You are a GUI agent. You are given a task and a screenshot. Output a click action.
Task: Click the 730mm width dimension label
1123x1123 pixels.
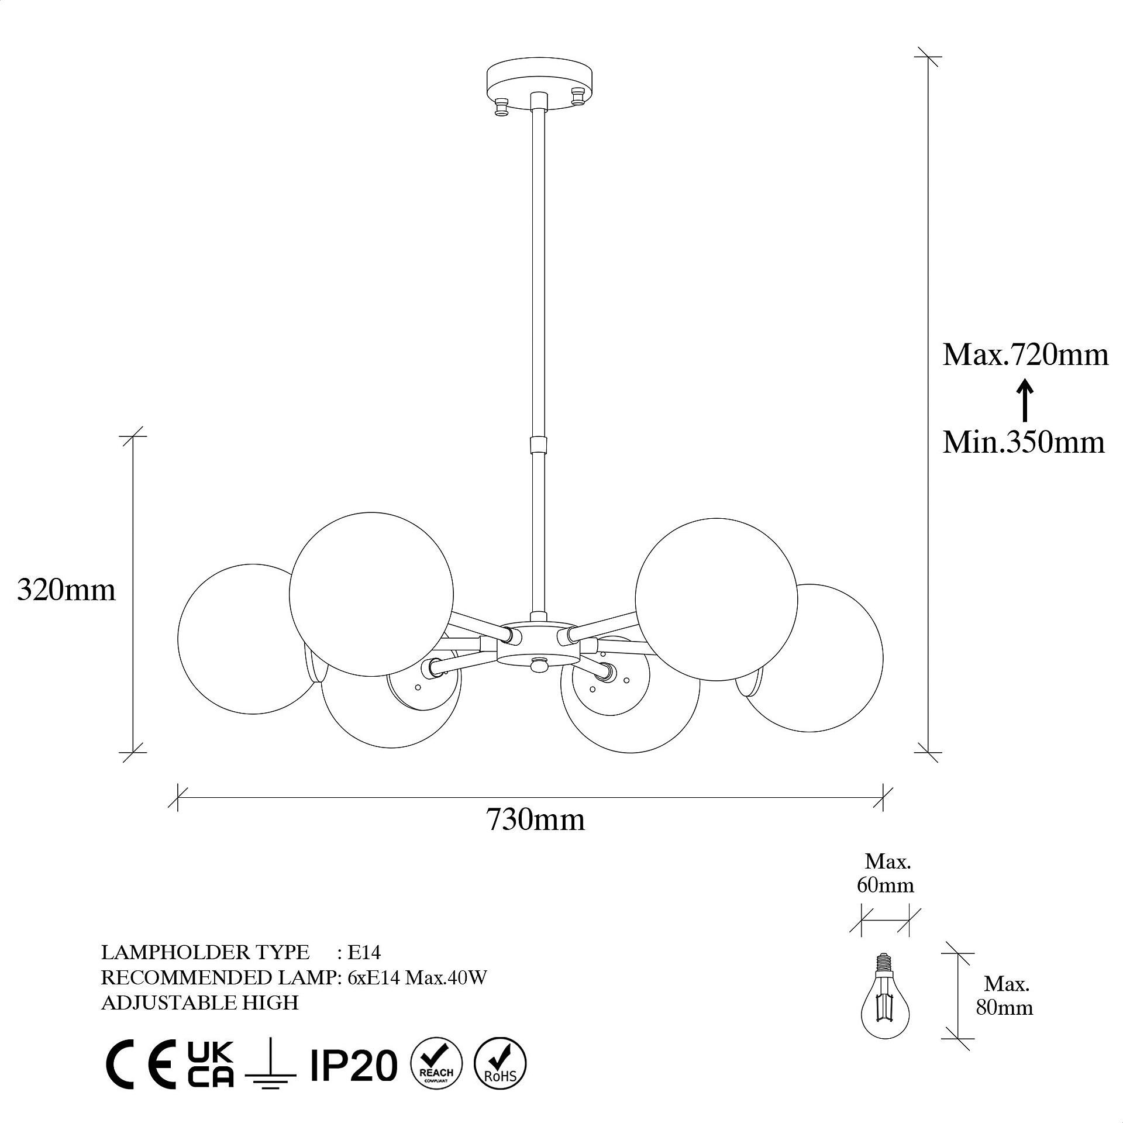pyautogui.click(x=535, y=819)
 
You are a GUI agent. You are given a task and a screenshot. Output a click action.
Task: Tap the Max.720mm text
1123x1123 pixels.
pyautogui.click(x=1025, y=354)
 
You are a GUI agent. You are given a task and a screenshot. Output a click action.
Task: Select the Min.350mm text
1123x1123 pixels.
pyautogui.click(x=1024, y=442)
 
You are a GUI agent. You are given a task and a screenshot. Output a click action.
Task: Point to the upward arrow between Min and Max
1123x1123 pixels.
pyautogui.click(x=1024, y=400)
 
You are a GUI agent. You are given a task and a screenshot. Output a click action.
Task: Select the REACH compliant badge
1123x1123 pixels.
pyautogui.click(x=437, y=1064)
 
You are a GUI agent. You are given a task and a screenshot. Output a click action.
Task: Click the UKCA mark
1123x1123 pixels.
pyautogui.click(x=211, y=1064)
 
